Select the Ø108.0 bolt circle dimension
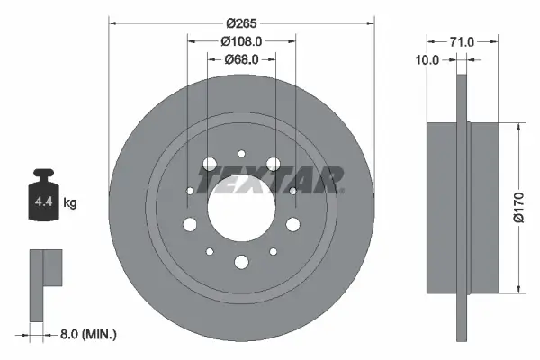point(240,40)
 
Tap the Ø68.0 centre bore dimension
point(240,60)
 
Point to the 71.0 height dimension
point(463,40)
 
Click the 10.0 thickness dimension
point(428,60)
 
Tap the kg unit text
point(70,203)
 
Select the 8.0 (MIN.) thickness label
point(85,334)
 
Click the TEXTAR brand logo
point(269,178)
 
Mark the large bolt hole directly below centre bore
point(240,262)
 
